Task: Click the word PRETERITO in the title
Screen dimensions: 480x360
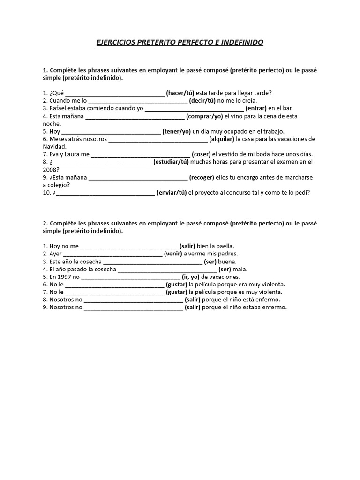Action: click(x=155, y=42)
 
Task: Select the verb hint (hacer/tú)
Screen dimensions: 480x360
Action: click(x=180, y=93)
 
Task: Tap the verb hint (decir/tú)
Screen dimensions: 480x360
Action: click(x=202, y=100)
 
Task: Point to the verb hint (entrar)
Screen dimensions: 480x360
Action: click(x=256, y=108)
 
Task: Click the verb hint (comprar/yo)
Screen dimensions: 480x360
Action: click(x=205, y=116)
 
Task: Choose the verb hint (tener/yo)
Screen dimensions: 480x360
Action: click(x=177, y=131)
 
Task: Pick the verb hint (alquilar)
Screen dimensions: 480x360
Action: click(x=222, y=139)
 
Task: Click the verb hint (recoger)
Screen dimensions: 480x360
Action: click(x=202, y=177)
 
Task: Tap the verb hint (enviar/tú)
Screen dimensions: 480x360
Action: click(x=172, y=192)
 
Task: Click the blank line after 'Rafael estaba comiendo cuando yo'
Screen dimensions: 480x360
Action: click(x=194, y=109)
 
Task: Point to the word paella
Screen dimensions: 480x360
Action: click(x=225, y=246)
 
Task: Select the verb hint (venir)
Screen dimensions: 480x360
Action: click(x=172, y=254)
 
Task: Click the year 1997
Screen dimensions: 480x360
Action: click(x=64, y=277)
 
